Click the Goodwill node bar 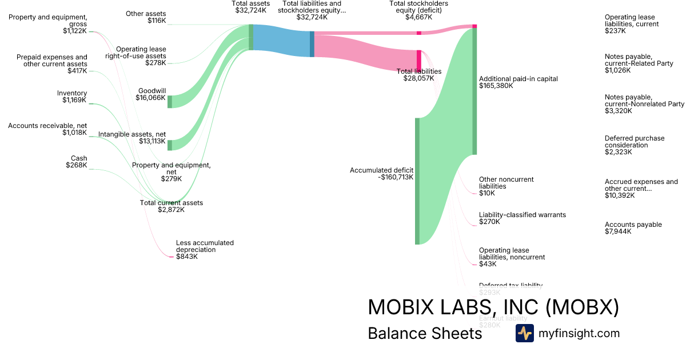(170, 102)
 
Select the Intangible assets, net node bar (170, 145)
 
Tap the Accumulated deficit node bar (417, 181)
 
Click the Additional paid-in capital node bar (474, 91)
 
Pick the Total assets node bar (251, 37)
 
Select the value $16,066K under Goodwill (151, 98)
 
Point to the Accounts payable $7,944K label (633, 228)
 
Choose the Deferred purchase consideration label (635, 145)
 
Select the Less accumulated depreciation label (205, 250)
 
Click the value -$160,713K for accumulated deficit (396, 177)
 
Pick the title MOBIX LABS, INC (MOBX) (493, 307)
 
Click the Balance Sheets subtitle (425, 333)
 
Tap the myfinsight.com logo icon (524, 333)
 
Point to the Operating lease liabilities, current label (631, 24)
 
